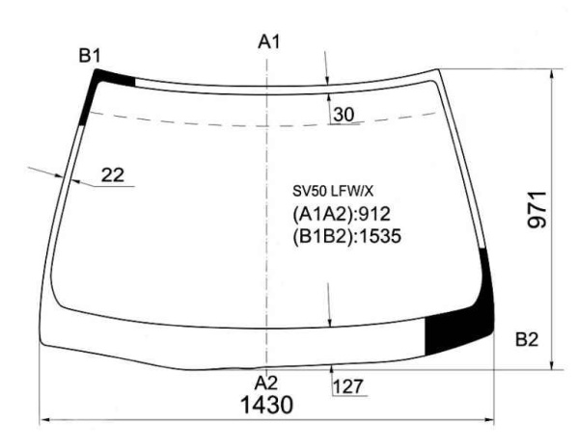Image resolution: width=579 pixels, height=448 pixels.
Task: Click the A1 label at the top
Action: [269, 41]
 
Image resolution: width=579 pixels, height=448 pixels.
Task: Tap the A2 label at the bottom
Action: [266, 383]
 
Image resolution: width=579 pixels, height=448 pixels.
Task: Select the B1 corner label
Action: [90, 56]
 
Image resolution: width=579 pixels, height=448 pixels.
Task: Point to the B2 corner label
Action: [527, 339]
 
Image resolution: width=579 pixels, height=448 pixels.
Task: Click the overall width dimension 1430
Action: [266, 405]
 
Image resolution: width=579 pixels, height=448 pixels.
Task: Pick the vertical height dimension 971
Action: [537, 210]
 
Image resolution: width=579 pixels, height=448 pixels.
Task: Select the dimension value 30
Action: [344, 115]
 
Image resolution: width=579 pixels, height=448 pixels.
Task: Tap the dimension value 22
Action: [113, 175]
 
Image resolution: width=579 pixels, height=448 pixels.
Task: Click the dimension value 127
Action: [348, 386]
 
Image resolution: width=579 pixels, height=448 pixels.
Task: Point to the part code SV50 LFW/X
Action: [333, 192]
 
